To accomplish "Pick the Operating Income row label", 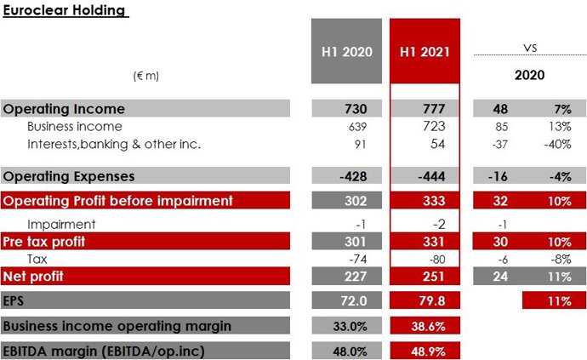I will click(x=65, y=109).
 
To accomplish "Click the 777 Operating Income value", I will click(x=425, y=109).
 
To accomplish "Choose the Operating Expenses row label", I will click(x=70, y=176).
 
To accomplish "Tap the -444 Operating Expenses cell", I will click(x=425, y=176).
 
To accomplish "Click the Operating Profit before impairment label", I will click(x=117, y=201).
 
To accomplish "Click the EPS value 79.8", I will click(x=425, y=300).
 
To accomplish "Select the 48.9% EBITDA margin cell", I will click(x=425, y=350).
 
